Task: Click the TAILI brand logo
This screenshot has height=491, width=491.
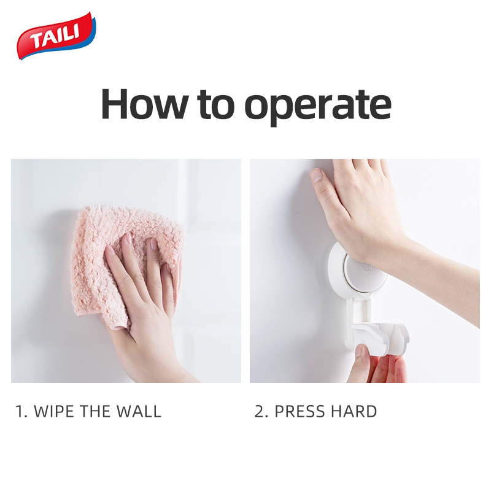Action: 56,36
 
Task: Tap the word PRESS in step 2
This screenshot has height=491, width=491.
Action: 300,411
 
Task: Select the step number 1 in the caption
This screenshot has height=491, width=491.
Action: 20,411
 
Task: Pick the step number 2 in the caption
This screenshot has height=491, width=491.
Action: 259,411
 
